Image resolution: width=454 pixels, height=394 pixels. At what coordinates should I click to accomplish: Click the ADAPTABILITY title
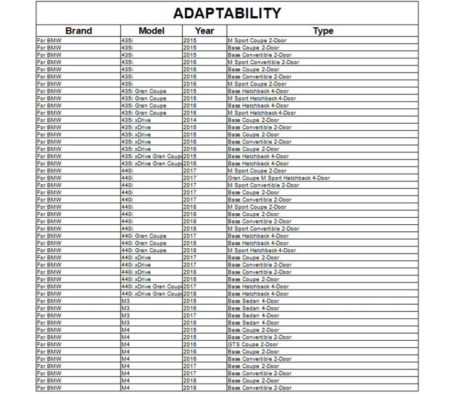pyautogui.click(x=227, y=13)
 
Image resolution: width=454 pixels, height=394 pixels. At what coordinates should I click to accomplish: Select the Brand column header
pyautogui.click(x=78, y=30)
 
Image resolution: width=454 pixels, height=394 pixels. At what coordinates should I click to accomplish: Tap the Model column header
pyautogui.click(x=151, y=30)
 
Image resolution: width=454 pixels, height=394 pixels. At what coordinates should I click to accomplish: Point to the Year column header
pyautogui.click(x=204, y=30)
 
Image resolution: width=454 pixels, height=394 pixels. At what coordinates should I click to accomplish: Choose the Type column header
pyautogui.click(x=322, y=30)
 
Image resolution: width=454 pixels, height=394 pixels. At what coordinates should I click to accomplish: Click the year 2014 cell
pyautogui.click(x=189, y=120)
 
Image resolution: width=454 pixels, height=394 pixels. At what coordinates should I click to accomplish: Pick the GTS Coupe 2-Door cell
pyautogui.click(x=252, y=345)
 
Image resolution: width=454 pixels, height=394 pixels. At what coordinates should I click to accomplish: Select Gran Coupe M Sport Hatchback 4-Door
pyautogui.click(x=278, y=178)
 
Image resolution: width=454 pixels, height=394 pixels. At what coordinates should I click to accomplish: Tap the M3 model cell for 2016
pyautogui.click(x=126, y=308)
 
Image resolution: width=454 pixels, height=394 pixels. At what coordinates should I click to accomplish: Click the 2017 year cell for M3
pyautogui.click(x=189, y=316)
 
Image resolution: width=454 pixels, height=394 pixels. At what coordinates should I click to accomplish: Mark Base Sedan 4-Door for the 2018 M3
pyautogui.click(x=253, y=323)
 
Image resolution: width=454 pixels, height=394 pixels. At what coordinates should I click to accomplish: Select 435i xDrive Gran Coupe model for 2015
pyautogui.click(x=150, y=156)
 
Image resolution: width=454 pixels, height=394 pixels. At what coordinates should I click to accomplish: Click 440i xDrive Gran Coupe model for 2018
pyautogui.click(x=150, y=294)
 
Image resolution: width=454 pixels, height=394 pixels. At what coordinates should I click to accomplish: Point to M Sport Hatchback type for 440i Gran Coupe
pyautogui.click(x=261, y=250)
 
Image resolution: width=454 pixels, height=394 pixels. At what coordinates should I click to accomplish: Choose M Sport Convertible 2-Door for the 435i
pyautogui.click(x=263, y=62)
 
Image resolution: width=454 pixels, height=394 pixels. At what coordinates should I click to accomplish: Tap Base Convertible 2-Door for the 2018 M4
pyautogui.click(x=259, y=388)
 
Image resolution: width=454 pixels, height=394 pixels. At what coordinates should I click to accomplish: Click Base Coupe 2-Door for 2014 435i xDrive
pyautogui.click(x=253, y=120)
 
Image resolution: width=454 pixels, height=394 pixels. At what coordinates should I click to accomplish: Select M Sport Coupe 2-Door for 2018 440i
pyautogui.click(x=257, y=207)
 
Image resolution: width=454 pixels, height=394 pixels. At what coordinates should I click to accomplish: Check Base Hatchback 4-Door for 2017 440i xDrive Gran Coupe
pyautogui.click(x=258, y=286)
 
